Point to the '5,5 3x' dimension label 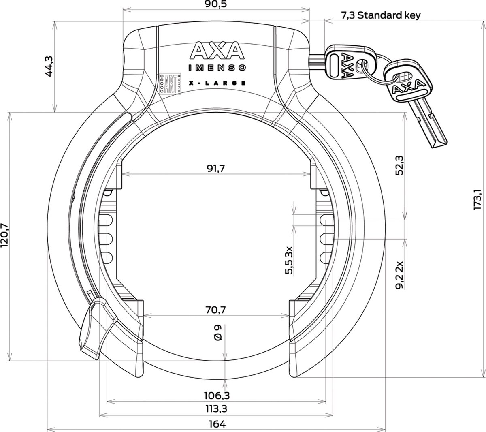289,260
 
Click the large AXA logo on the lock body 215,51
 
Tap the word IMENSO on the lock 215,67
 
